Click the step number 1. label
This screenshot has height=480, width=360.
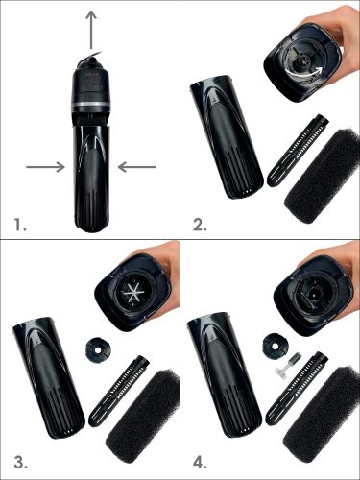pyautogui.click(x=20, y=225)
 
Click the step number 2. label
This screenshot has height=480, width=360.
pyautogui.click(x=200, y=225)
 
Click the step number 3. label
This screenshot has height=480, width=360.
pyautogui.click(x=20, y=463)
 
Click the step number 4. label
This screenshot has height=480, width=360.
pyautogui.click(x=200, y=463)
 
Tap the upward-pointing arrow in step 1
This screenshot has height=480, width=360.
pyautogui.click(x=92, y=30)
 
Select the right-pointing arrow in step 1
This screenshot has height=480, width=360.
pyautogui.click(x=45, y=167)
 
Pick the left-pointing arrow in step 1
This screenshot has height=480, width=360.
pyautogui.click(x=137, y=167)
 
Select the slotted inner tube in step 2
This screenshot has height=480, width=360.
pyautogui.click(x=300, y=150)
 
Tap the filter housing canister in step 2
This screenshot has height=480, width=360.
pyautogui.click(x=227, y=136)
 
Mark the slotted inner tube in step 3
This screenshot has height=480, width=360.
pyautogui.click(x=120, y=391)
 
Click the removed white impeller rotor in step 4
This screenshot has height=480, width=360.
pyautogui.click(x=287, y=366)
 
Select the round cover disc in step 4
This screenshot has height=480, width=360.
pyautogui.click(x=274, y=345)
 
